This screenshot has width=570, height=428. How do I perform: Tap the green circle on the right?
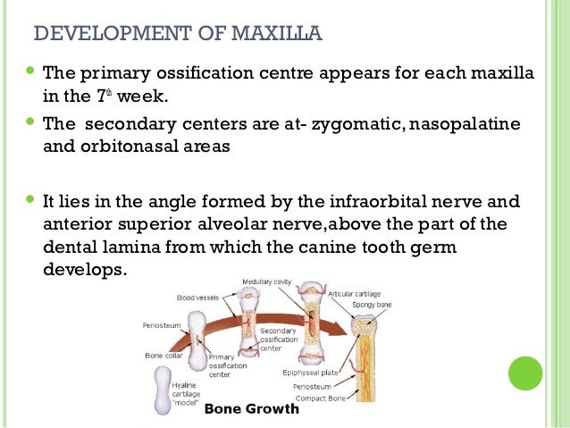tap(525, 373)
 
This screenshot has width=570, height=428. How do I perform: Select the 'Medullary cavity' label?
tap(265, 282)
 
